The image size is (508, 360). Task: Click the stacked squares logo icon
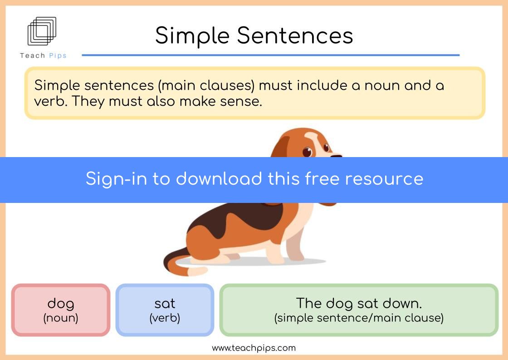coord(42,31)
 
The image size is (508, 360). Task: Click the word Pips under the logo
coord(58,55)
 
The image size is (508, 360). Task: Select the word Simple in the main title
coord(192,36)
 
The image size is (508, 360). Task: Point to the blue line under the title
coord(270,55)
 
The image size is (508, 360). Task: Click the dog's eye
coord(307,152)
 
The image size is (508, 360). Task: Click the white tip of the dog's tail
coord(197,271)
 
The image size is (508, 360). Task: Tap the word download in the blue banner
coord(219,178)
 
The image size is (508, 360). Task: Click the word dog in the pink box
coord(61,304)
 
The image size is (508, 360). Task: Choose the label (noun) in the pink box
coord(61,318)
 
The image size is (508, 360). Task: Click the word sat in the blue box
coord(165,304)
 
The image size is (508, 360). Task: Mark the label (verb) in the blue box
coord(165,318)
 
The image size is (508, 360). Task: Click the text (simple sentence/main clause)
coord(359,318)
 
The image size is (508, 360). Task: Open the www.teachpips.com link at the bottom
coord(254,348)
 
